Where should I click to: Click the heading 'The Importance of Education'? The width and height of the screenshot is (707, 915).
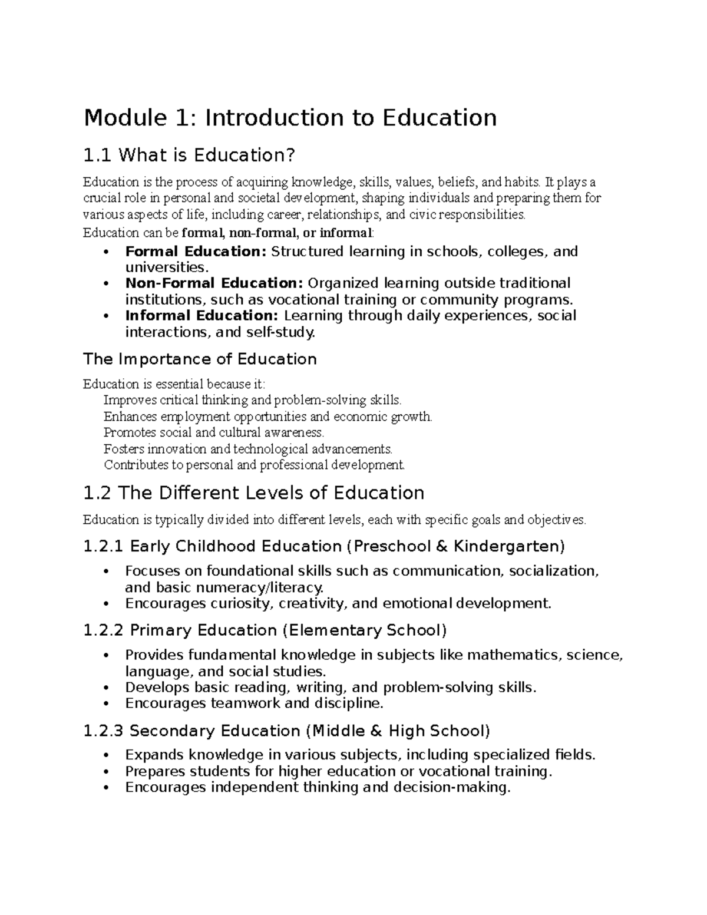pyautogui.click(x=200, y=359)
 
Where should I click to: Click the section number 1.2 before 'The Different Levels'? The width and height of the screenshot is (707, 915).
pyautogui.click(x=97, y=493)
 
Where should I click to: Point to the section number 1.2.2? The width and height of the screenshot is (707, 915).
pyautogui.click(x=104, y=631)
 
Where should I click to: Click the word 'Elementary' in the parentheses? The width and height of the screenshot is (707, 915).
pyautogui.click(x=334, y=631)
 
